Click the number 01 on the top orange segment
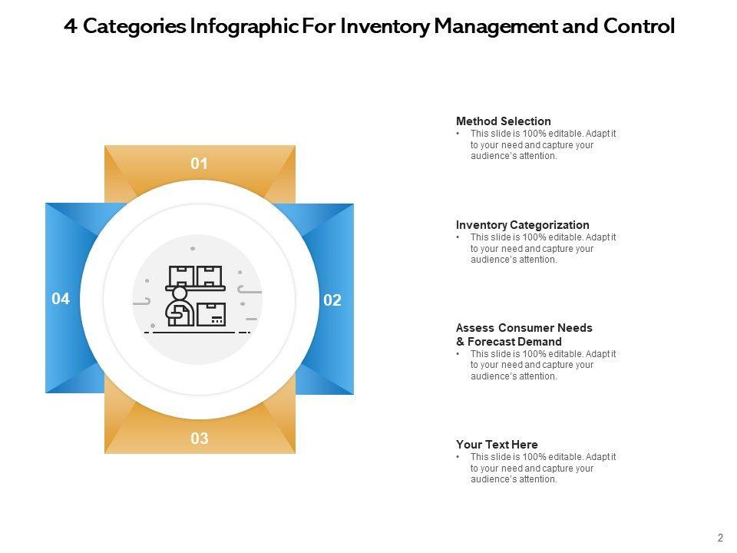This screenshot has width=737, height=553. (x=200, y=164)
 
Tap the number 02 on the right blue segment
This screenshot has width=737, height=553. (x=332, y=300)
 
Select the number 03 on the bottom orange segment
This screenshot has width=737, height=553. (x=200, y=439)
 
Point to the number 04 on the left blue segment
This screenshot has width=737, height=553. (x=61, y=299)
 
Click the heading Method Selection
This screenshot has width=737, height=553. (x=503, y=121)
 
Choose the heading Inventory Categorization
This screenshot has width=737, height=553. (x=522, y=225)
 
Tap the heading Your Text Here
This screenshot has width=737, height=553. (x=497, y=445)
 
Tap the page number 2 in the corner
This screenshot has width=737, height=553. (x=720, y=538)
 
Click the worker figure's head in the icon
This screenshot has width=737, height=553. (x=180, y=294)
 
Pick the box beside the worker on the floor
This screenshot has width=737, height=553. (x=210, y=315)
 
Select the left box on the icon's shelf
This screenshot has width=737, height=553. (x=181, y=275)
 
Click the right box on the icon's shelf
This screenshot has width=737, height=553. (x=209, y=275)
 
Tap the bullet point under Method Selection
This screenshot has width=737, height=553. (x=458, y=134)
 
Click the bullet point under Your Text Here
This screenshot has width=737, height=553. (x=458, y=457)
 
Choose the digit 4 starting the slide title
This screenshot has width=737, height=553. (x=70, y=27)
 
